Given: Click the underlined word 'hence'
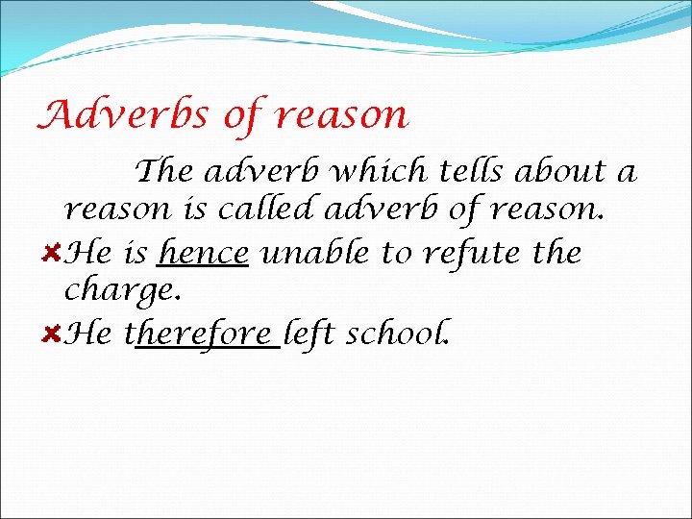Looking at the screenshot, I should click(204, 253).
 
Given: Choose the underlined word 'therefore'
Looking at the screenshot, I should click(203, 334).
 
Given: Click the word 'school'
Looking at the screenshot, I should click(397, 334).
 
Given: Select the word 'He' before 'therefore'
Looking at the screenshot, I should click(90, 334).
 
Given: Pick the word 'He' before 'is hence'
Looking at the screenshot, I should click(90, 253).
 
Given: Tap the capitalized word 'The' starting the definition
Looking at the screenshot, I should click(165, 171).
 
